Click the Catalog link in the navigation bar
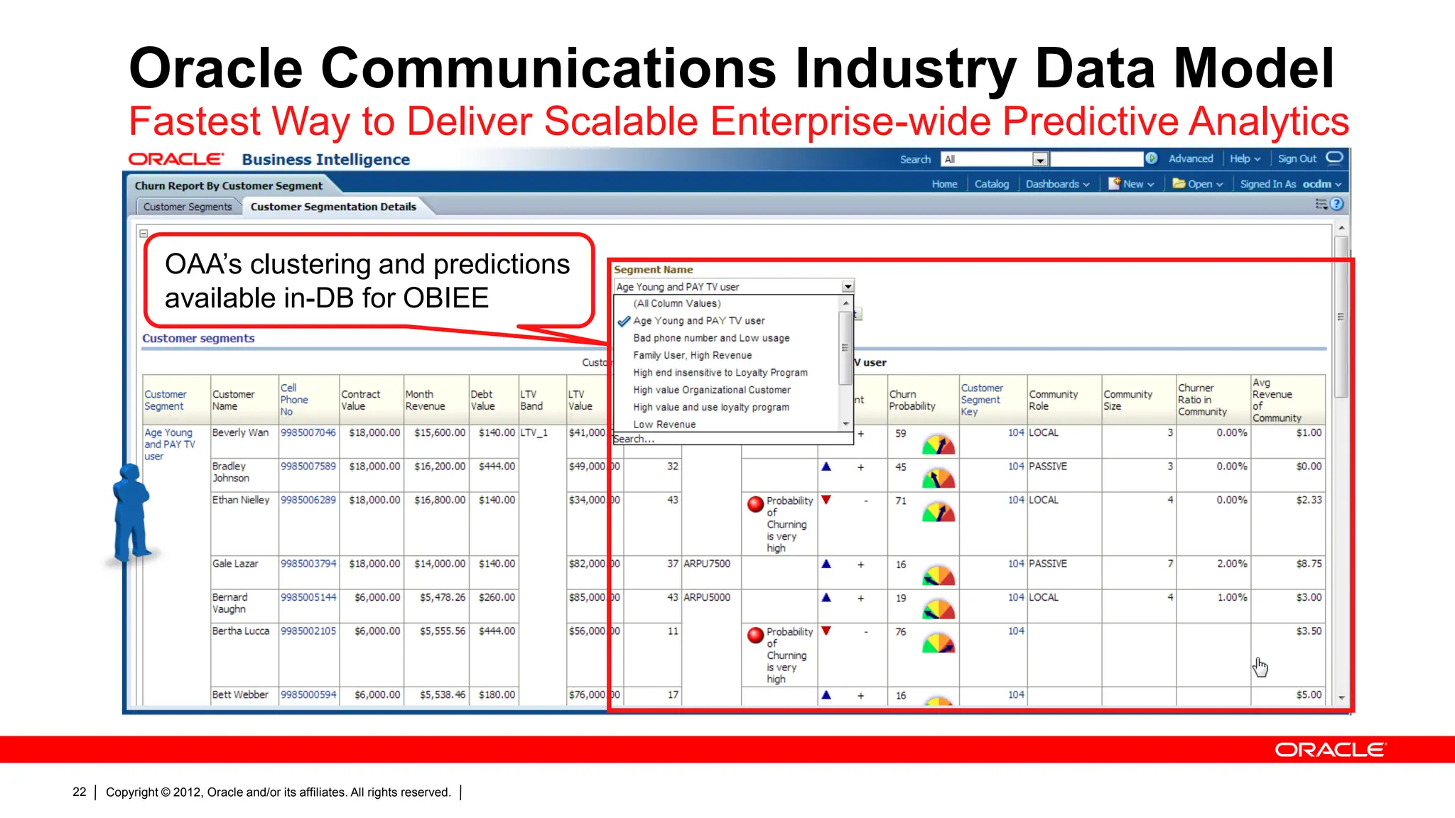[x=991, y=184]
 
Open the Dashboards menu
[x=1056, y=184]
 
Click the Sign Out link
[x=1297, y=158]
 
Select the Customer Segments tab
[x=188, y=207]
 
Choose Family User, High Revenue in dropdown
[x=692, y=355]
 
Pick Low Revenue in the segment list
[x=664, y=424]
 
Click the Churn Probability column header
[x=912, y=400]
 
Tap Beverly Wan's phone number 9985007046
[x=308, y=432]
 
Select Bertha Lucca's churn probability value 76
[x=900, y=631]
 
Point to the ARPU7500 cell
[x=707, y=564]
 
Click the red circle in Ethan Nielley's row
[x=755, y=504]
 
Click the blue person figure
[x=131, y=511]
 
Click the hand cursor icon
[x=1260, y=667]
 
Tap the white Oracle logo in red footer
[x=1329, y=750]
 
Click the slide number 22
[x=79, y=792]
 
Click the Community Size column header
[x=1127, y=400]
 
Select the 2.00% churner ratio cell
[x=1231, y=564]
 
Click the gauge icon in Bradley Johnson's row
[x=939, y=478]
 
